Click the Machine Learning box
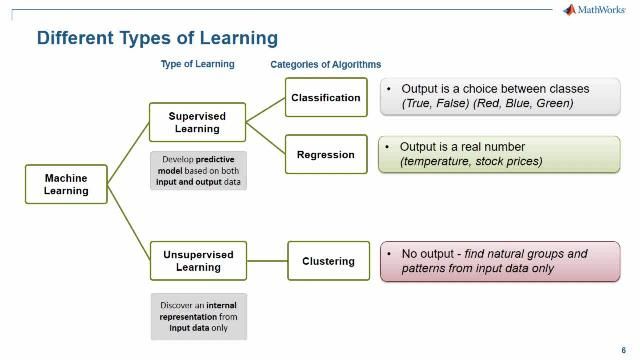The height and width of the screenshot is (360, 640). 66,185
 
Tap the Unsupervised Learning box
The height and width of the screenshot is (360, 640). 197,261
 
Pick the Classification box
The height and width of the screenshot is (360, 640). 325,98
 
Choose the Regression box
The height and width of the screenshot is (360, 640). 325,155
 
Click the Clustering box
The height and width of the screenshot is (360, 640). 327,261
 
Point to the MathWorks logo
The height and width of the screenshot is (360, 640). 597,10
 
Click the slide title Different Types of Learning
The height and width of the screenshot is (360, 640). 157,39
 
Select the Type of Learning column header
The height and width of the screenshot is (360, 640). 198,65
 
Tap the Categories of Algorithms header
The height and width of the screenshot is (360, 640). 325,65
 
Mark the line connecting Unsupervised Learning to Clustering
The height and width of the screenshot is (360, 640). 266,261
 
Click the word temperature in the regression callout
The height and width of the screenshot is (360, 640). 437,161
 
